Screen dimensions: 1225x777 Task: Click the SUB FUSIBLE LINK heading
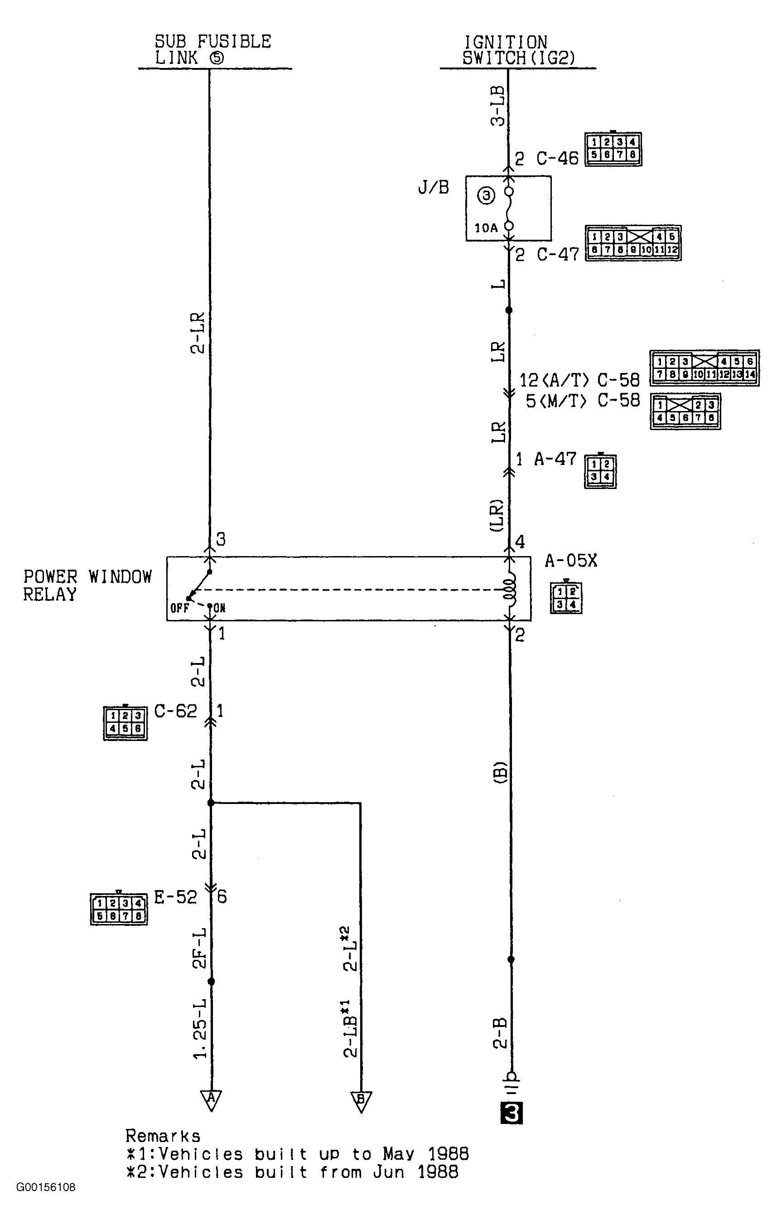click(213, 49)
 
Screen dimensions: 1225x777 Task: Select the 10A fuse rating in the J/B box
click(486, 228)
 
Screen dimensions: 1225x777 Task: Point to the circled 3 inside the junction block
click(486, 195)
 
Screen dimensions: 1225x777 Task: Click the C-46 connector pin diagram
click(613, 149)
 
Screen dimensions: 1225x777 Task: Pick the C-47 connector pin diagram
click(632, 243)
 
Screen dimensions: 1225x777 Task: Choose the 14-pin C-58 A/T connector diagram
click(704, 368)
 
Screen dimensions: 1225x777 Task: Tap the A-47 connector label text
click(555, 460)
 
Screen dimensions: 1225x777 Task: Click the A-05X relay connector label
click(570, 561)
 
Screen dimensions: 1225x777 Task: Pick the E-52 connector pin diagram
click(119, 909)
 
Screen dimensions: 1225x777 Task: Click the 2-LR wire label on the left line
click(198, 333)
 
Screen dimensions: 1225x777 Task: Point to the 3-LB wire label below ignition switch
click(498, 105)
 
